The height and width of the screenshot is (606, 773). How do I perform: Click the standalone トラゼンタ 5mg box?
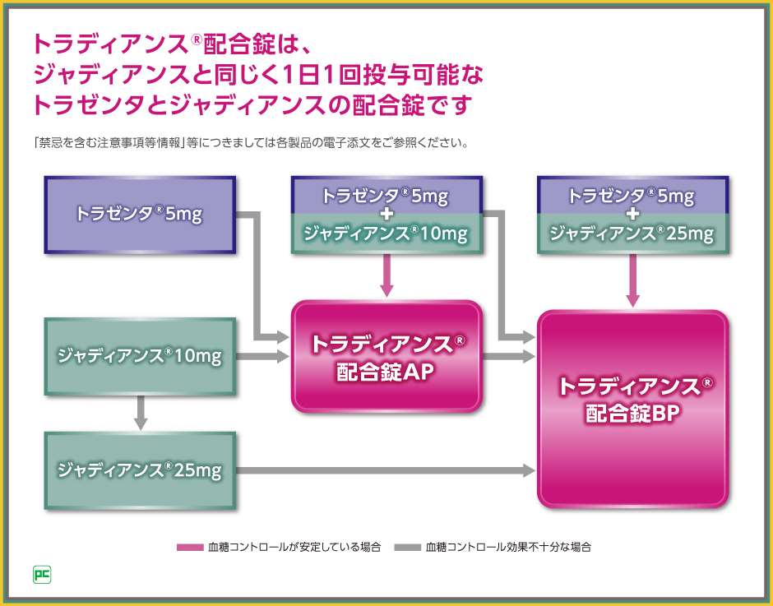point(141,214)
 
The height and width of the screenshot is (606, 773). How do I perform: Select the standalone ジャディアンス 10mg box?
point(141,356)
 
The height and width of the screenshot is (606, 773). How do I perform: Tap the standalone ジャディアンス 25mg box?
point(141,470)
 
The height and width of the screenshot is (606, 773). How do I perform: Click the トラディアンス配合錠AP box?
point(386,356)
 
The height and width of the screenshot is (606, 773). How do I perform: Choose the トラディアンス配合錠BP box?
point(633,409)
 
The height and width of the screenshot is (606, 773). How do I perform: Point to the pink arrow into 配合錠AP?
point(386,275)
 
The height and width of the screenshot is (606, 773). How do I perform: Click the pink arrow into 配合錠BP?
point(632,280)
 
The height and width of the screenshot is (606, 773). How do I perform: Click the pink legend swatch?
point(189,547)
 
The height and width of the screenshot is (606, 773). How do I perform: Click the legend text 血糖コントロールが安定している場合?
point(294,547)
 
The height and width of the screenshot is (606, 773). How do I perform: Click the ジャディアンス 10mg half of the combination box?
point(386,234)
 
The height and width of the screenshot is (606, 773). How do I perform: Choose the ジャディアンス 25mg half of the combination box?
point(632,234)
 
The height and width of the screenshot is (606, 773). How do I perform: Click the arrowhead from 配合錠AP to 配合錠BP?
point(528,356)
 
